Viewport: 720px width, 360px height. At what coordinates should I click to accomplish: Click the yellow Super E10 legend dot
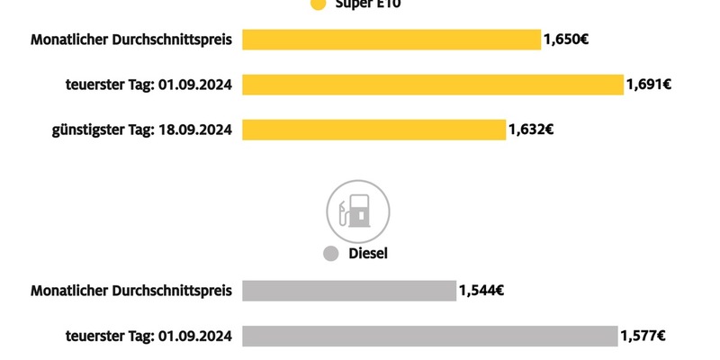[317, 4]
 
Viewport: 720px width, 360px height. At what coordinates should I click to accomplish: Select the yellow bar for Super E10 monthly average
[391, 40]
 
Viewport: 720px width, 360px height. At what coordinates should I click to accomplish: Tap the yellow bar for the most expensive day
[432, 85]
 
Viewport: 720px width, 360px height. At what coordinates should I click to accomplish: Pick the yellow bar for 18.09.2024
[373, 130]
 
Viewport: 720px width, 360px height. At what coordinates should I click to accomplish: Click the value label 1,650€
[565, 40]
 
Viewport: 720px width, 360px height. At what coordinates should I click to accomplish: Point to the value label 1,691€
[649, 85]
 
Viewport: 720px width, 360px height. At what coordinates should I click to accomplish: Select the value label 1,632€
[531, 130]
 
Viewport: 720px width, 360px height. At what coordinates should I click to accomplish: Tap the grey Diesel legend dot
[330, 254]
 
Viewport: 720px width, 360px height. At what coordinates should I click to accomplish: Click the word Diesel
[368, 254]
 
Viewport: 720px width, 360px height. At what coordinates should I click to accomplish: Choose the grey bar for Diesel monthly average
[349, 291]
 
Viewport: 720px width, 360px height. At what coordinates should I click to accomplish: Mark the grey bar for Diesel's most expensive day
[429, 336]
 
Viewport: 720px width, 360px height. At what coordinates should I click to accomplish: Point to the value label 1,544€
[481, 291]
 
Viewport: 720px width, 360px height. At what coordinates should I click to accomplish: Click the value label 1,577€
[643, 336]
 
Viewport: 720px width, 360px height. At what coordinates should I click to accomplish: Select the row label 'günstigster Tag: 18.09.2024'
[142, 130]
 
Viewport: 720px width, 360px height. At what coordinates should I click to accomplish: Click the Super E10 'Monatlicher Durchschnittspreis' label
[131, 40]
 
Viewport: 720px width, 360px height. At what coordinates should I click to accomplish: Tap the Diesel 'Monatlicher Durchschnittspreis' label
[131, 291]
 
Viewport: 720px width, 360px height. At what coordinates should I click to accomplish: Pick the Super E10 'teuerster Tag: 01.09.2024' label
[148, 85]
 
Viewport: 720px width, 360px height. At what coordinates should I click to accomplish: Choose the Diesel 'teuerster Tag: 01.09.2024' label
[148, 336]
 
